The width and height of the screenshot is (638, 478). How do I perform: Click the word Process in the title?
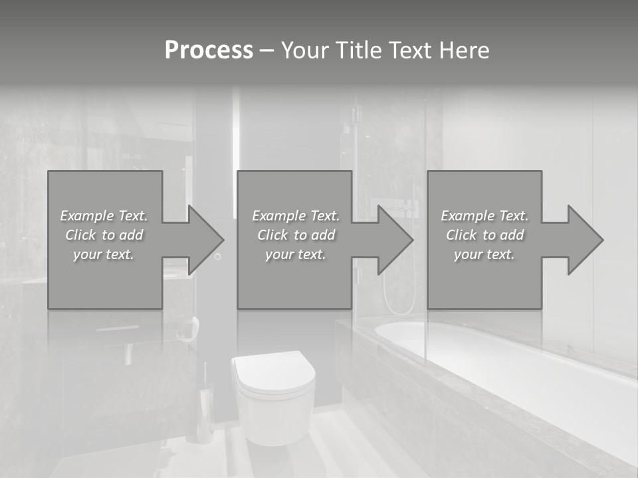tap(209, 50)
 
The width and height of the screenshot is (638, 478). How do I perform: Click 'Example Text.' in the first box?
tap(104, 216)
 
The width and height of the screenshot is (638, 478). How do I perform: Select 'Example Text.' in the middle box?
tap(296, 216)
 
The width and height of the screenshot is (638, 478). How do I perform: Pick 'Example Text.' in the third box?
tap(484, 216)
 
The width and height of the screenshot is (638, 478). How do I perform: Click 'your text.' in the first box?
tap(104, 254)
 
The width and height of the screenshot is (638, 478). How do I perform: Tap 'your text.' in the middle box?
tap(296, 254)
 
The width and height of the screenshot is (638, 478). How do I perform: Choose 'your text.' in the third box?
tap(484, 254)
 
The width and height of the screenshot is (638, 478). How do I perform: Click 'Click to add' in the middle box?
tap(296, 235)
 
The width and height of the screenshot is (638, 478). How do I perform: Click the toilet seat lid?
tap(272, 372)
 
